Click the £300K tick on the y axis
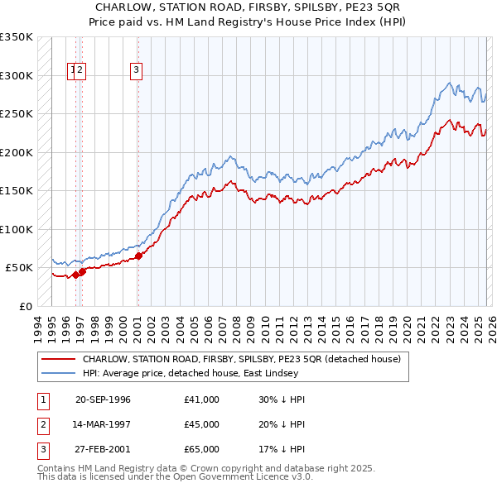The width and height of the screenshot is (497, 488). coord(17,75)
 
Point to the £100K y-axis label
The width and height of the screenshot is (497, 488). coord(17,229)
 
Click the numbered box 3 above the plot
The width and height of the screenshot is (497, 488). coord(135,71)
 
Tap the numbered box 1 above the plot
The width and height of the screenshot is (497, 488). coord(73,71)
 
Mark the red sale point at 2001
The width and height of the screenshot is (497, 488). coord(138,256)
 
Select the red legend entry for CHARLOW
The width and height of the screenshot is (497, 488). coord(241,359)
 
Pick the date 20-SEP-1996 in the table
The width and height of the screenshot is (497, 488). coord(103,399)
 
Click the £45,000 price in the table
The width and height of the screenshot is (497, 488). coord(202,424)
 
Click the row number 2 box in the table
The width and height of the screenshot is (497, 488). coord(41,424)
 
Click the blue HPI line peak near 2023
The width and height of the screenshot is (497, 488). coord(448,83)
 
